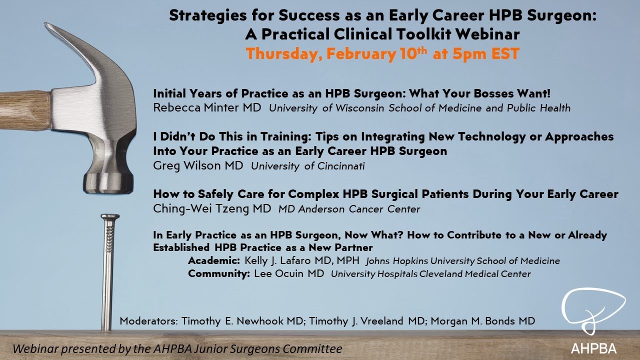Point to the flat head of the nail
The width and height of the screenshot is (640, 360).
pos(109,217)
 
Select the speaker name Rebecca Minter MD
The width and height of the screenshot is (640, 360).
pos(207,107)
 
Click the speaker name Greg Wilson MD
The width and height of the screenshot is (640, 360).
pos(198,165)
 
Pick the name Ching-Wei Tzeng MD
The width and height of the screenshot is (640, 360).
pos(212,208)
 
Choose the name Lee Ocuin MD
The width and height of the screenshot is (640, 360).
pos(289,273)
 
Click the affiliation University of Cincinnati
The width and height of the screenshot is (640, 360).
pos(308,166)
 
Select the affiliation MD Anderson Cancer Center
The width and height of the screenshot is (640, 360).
pos(349,209)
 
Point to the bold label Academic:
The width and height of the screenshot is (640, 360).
pos(214,260)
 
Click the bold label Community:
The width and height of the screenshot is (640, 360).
pos(218,273)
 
